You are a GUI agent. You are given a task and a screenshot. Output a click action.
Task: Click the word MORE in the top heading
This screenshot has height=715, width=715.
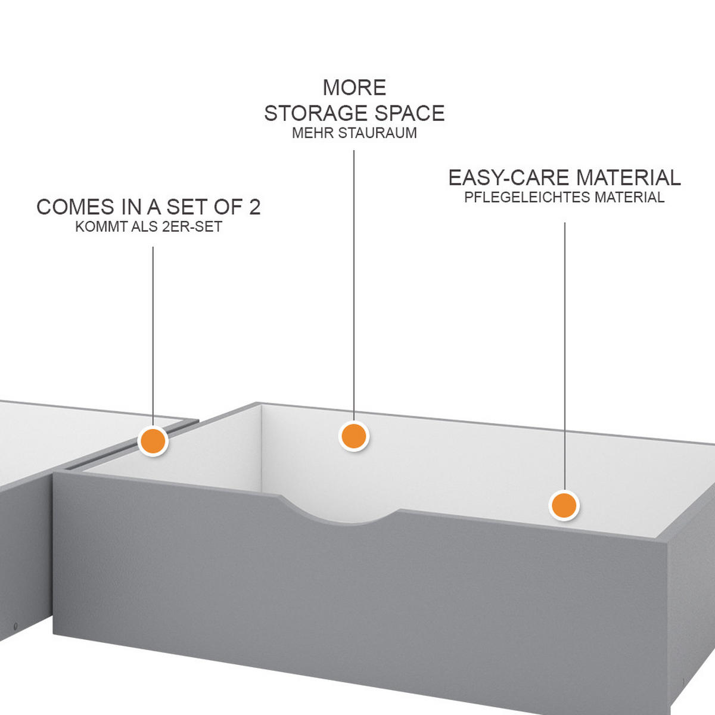[x=355, y=88]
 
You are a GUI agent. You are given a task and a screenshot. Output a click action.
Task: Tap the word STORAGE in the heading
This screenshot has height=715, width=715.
[x=309, y=113]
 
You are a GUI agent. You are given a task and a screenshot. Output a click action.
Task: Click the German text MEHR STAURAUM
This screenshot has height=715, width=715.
[x=355, y=133]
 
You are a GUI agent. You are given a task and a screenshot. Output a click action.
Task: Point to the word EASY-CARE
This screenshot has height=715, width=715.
[x=509, y=178]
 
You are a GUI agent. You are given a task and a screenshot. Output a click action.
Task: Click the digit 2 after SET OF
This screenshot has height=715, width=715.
[x=254, y=207]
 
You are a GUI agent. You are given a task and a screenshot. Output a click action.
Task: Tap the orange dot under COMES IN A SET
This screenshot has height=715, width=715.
[x=153, y=442]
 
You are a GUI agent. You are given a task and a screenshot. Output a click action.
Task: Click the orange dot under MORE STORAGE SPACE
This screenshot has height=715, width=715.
[x=354, y=436]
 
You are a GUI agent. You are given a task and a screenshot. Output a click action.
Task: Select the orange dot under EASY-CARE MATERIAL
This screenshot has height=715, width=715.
[x=564, y=506]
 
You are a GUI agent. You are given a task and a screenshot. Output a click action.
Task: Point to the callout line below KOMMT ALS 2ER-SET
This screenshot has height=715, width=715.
[x=153, y=334]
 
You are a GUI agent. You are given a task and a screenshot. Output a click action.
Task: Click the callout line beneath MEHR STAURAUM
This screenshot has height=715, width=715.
[x=354, y=280]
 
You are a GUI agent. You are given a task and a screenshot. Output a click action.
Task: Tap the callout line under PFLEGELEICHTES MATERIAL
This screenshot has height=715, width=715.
[x=564, y=352]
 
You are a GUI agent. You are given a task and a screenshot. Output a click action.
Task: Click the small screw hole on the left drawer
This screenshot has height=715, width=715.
[x=15, y=626]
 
